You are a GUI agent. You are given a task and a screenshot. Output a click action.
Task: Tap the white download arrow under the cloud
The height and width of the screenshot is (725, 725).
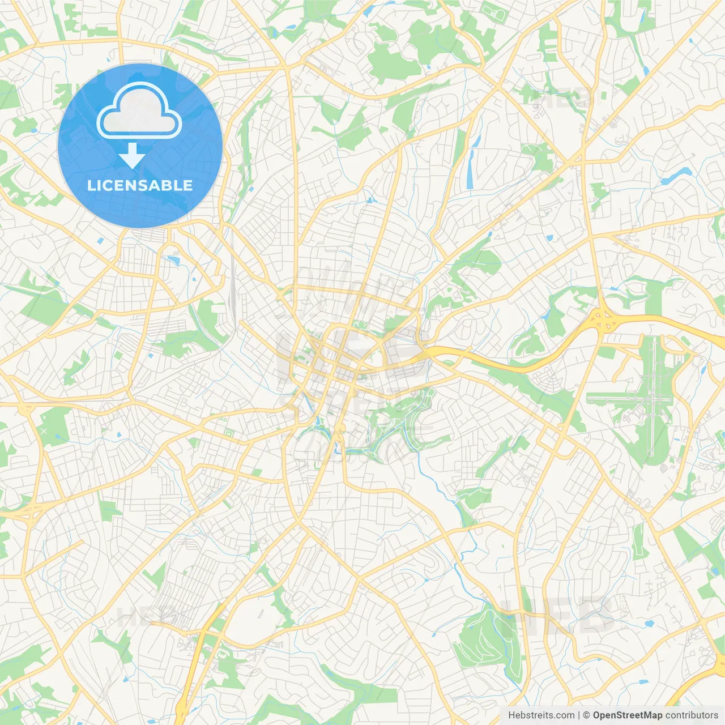(132, 156)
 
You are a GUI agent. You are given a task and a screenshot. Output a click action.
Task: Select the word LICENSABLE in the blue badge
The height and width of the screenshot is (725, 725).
(140, 185)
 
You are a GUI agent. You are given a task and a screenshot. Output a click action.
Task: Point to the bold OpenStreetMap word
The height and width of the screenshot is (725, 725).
(627, 715)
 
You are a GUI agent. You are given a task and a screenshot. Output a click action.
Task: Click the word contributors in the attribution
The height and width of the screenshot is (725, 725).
(691, 715)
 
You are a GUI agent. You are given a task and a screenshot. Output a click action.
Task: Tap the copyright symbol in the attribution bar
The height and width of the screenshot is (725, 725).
(586, 715)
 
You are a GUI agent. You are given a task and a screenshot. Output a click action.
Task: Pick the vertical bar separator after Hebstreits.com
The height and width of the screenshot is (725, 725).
(579, 715)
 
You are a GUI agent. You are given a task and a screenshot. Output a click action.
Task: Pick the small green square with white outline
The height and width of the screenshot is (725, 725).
(229, 434)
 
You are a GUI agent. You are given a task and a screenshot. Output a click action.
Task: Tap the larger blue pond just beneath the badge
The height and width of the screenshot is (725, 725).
(173, 261)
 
